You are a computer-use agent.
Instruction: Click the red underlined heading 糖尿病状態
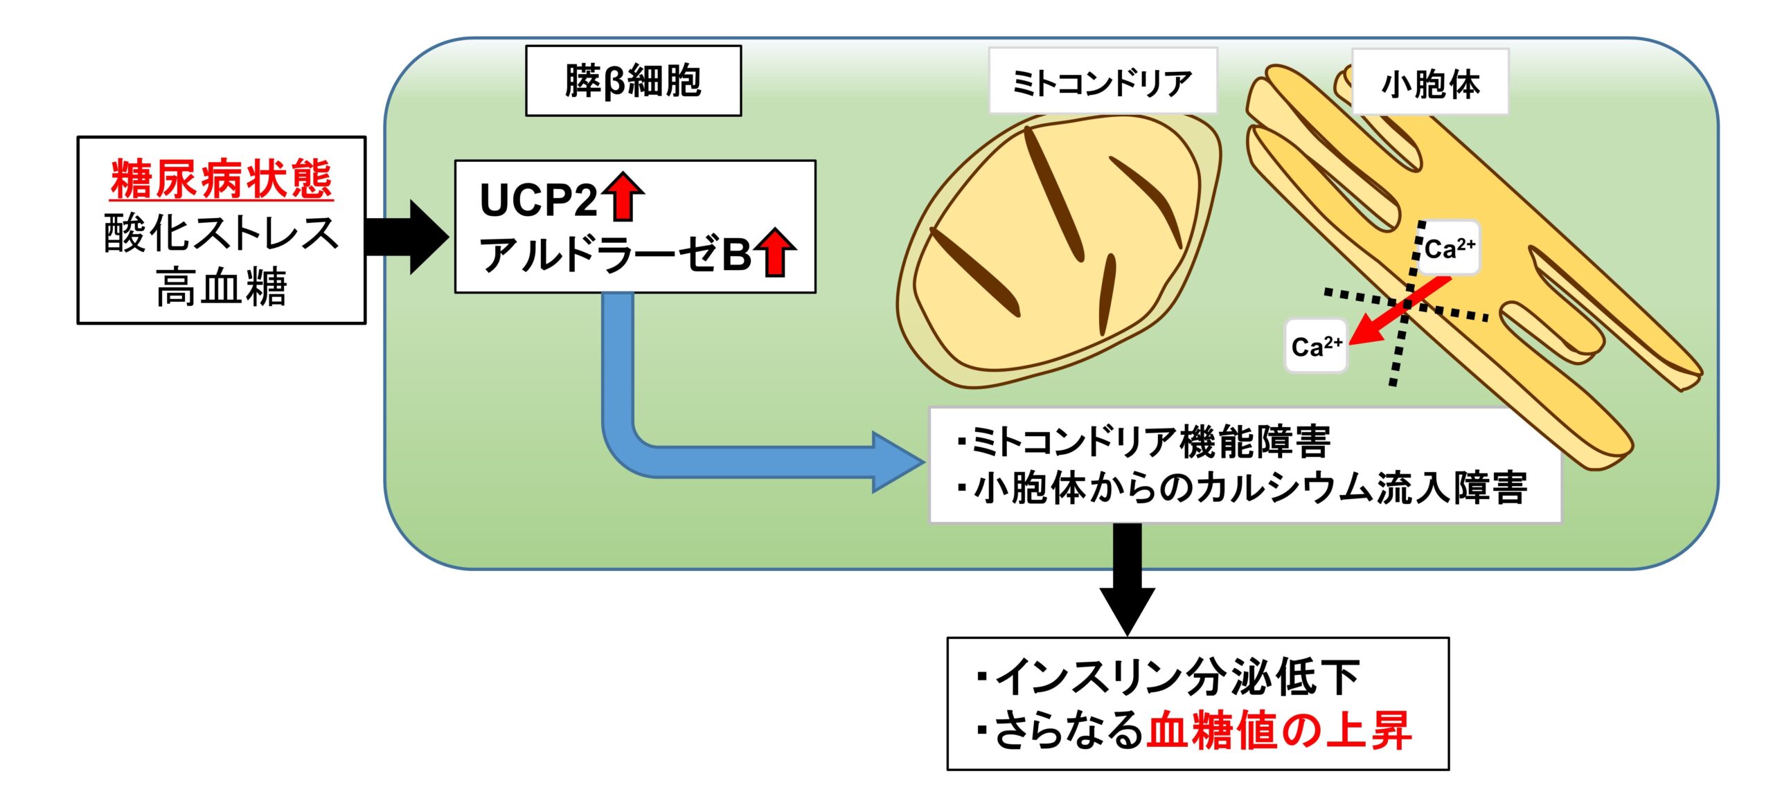click(x=222, y=179)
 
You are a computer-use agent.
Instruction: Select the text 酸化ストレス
click(x=222, y=233)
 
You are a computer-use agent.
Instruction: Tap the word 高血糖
click(x=222, y=287)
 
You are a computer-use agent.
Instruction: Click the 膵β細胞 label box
click(x=633, y=81)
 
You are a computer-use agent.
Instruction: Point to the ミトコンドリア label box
click(x=1103, y=81)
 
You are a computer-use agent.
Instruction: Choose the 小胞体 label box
click(x=1430, y=82)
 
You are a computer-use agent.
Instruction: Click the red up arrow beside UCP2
click(x=623, y=197)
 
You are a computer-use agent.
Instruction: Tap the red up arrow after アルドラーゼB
click(x=776, y=252)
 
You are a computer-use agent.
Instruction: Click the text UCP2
click(x=539, y=200)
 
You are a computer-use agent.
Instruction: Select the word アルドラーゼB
click(x=616, y=254)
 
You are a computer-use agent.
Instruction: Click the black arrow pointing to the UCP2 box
click(x=407, y=237)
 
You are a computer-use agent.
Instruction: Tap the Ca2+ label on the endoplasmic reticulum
click(x=1450, y=248)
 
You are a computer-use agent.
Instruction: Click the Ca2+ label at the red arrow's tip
click(x=1317, y=345)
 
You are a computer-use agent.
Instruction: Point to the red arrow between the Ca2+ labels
click(x=1400, y=309)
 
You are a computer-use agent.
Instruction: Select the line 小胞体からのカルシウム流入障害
click(x=1242, y=487)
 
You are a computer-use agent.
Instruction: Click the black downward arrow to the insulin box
click(x=1128, y=579)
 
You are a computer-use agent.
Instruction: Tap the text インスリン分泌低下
click(x=1169, y=676)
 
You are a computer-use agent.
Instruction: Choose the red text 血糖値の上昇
click(x=1278, y=730)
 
